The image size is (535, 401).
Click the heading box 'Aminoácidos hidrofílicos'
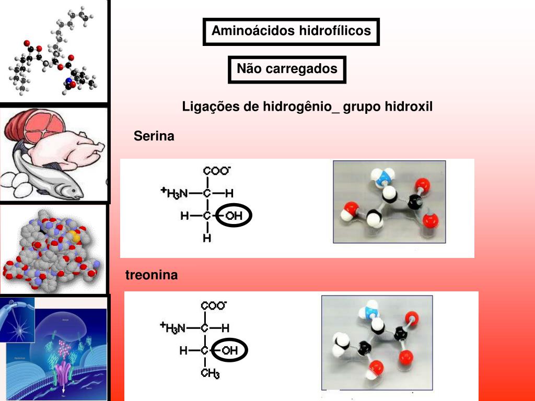tap(291, 31)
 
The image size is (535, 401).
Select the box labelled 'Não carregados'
tap(287, 69)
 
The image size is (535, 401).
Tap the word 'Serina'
tap(154, 137)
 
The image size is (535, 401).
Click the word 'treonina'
tap(152, 275)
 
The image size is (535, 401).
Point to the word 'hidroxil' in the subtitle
tap(409, 107)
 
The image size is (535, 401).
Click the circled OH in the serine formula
tap(234, 216)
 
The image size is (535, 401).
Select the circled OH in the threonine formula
tap(229, 351)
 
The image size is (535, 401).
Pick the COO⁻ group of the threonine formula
tap(214, 305)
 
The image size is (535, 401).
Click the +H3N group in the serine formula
tap(173, 193)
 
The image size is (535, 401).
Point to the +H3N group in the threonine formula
tap(172, 328)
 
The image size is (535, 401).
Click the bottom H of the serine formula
tap(207, 239)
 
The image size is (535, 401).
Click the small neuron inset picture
tap(17, 319)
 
